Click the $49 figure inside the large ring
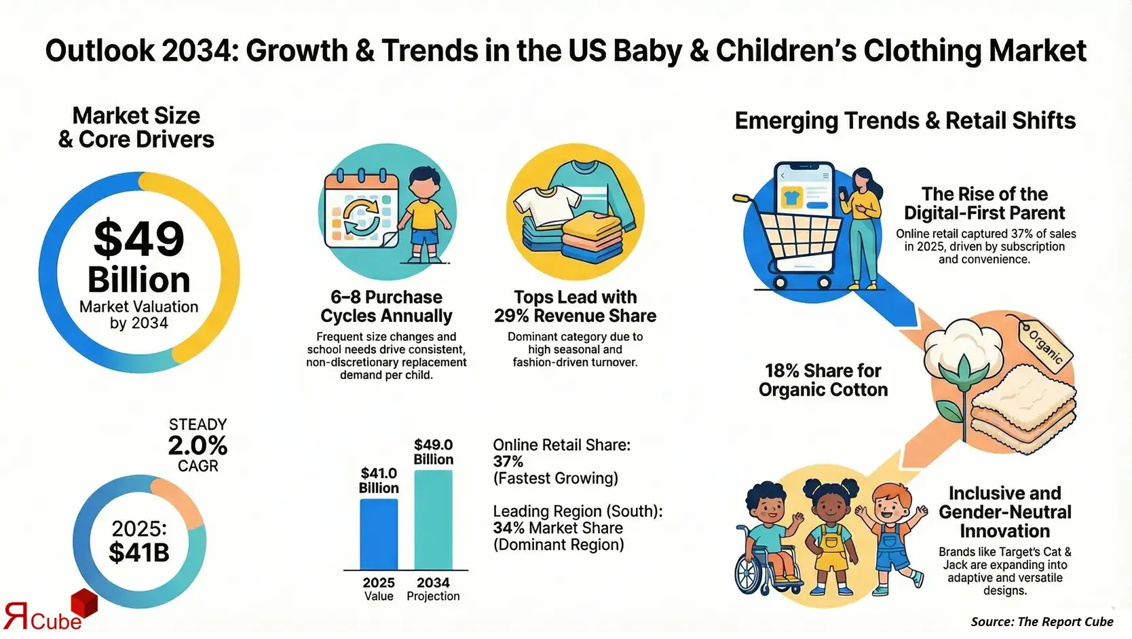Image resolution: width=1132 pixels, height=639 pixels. (139, 239)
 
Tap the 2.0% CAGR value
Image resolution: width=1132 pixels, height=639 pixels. (197, 445)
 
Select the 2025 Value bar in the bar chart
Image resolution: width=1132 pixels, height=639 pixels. (378, 534)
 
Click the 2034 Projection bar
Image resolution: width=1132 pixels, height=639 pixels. (433, 520)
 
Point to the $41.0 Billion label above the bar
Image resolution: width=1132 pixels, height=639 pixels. (379, 480)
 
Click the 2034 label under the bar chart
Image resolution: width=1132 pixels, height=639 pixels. (433, 583)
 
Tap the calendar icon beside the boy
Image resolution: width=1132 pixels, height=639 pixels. (360, 211)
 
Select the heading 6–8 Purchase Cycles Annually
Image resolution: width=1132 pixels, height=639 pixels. (386, 306)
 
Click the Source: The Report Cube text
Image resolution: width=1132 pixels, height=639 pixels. (1041, 621)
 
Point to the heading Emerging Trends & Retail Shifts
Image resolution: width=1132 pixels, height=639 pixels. (905, 121)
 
